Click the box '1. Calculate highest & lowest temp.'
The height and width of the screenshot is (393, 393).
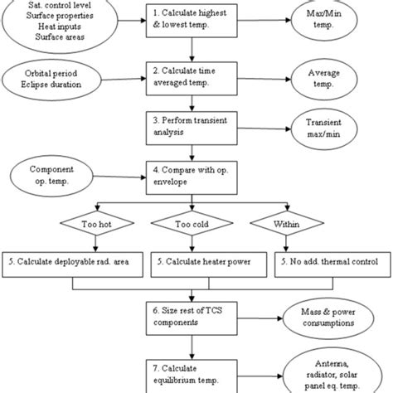pyautogui.click(x=192, y=20)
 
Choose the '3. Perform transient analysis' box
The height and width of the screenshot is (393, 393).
pyautogui.click(x=192, y=126)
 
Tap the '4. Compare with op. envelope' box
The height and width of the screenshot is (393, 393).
pyautogui.click(x=192, y=176)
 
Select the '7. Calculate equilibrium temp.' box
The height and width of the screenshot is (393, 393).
pyautogui.click(x=192, y=370)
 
